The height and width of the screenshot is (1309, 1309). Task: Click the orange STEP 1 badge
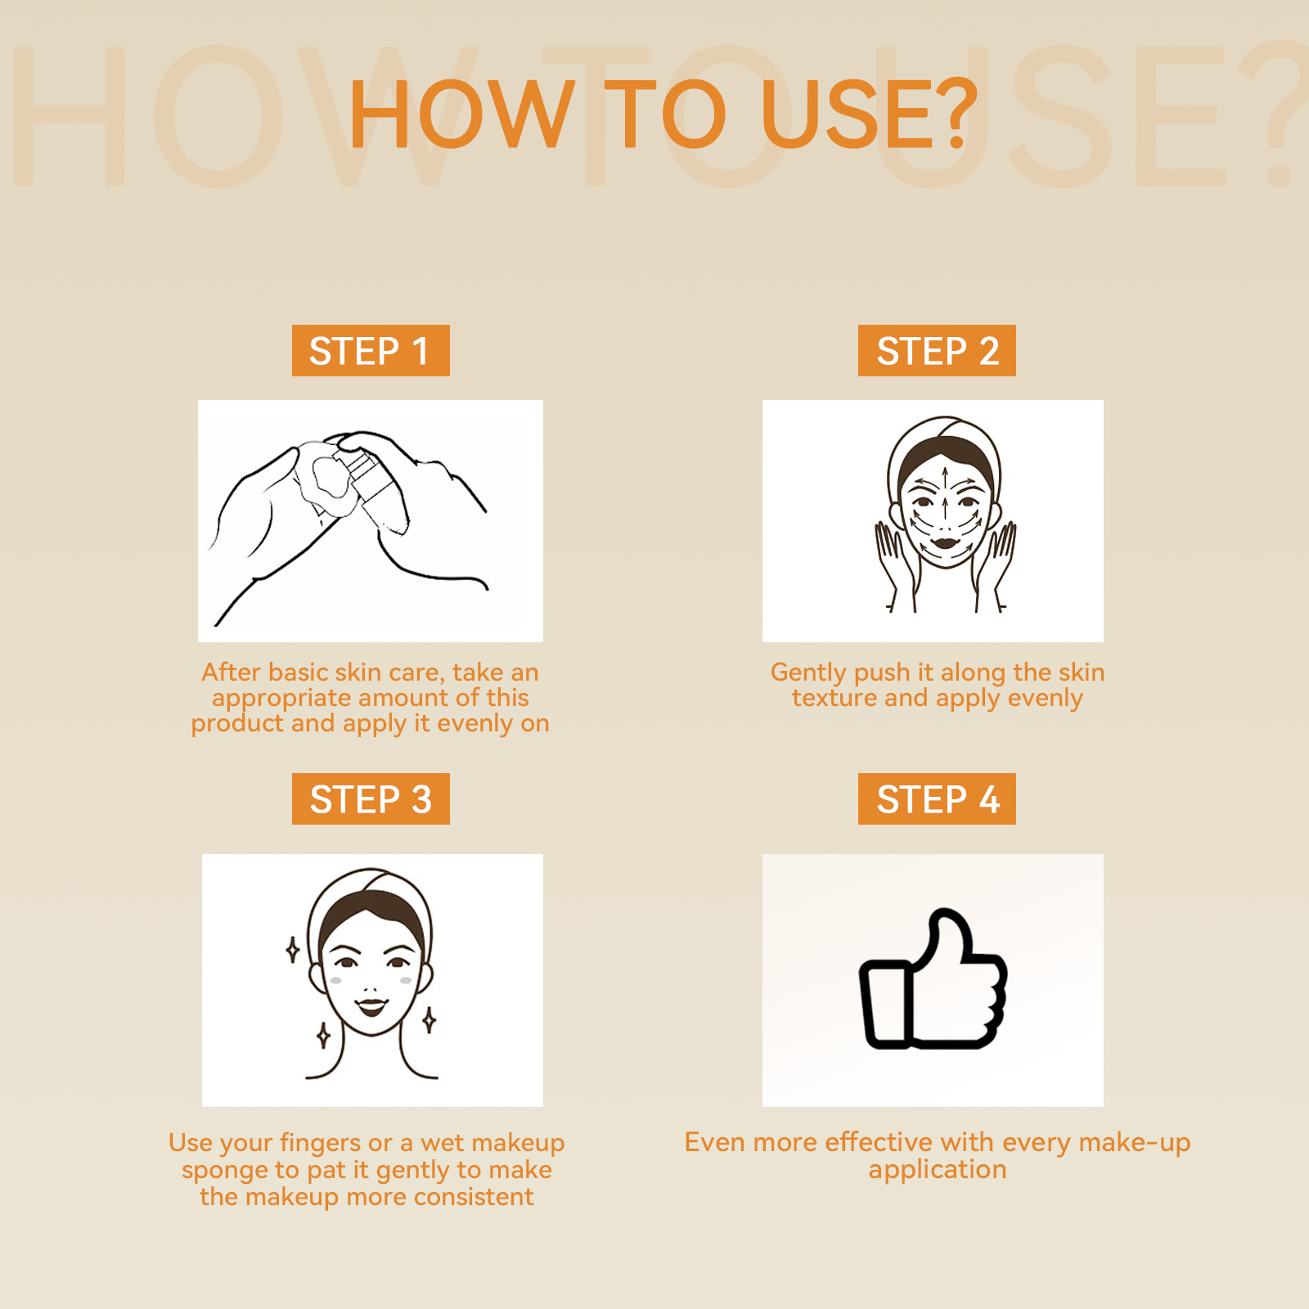click(x=371, y=350)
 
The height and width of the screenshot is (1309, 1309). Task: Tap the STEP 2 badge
click(x=937, y=350)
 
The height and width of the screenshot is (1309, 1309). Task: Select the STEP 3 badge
click(x=371, y=798)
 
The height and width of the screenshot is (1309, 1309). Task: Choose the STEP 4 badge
click(x=937, y=798)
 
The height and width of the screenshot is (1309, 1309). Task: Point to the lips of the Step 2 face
click(x=945, y=541)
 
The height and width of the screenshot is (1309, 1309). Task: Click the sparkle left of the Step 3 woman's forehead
click(x=292, y=950)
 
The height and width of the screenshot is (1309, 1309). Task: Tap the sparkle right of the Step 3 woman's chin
click(x=429, y=1020)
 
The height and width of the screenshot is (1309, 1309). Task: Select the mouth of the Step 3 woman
click(x=371, y=1005)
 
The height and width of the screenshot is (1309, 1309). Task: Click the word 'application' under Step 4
click(x=938, y=1170)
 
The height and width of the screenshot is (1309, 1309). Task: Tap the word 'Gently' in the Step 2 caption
click(x=808, y=673)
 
